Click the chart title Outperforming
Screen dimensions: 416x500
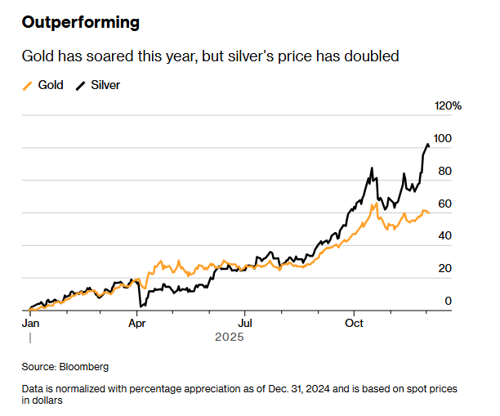coord(80,22)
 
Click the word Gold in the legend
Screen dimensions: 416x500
coord(51,85)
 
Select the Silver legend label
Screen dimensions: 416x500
coord(105,85)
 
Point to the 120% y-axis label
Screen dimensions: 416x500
coord(448,106)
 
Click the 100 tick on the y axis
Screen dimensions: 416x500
coord(442,139)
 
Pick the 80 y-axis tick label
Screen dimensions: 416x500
coord(444,172)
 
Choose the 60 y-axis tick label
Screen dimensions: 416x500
coord(444,204)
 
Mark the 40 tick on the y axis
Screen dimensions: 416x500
coord(444,236)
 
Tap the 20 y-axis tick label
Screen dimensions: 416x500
coord(444,269)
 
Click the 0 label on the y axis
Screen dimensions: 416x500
coord(448,301)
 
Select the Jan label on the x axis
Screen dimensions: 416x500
coord(30,323)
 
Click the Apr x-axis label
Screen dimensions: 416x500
coord(138,323)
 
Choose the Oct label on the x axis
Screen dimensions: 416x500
coord(353,323)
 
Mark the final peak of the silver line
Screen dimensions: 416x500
coord(426,145)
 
